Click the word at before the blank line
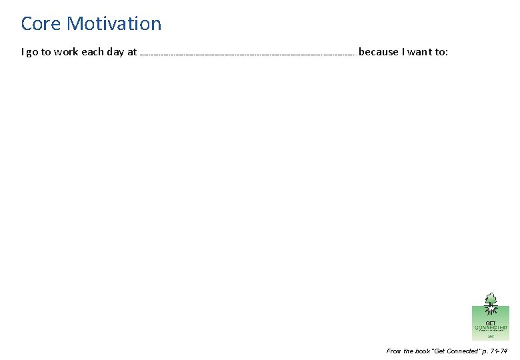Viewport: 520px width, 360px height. click(x=132, y=52)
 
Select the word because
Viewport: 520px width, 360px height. click(x=378, y=52)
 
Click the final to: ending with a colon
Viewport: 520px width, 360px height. click(x=442, y=52)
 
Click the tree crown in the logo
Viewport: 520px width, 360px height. click(x=491, y=297)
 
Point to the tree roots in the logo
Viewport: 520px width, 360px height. click(x=491, y=311)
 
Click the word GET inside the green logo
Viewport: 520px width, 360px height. click(x=491, y=322)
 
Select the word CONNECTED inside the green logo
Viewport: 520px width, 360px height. click(x=491, y=327)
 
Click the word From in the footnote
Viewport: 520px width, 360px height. click(x=394, y=351)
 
